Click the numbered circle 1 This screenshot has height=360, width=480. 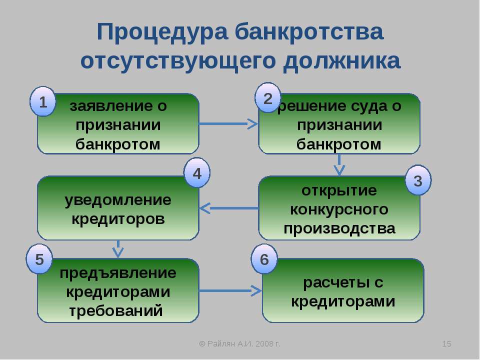[43, 102]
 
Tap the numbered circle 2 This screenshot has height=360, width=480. [268, 98]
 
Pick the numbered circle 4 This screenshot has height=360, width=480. [197, 173]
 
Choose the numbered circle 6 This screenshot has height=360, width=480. [264, 259]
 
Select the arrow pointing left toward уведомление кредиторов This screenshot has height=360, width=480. [228, 207]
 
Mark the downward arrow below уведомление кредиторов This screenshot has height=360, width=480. [118, 248]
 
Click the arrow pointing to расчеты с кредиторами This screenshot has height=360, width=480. [230, 290]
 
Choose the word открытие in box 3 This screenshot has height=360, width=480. [339, 190]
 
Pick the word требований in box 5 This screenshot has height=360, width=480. [116, 310]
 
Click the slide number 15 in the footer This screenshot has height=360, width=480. [448, 343]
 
